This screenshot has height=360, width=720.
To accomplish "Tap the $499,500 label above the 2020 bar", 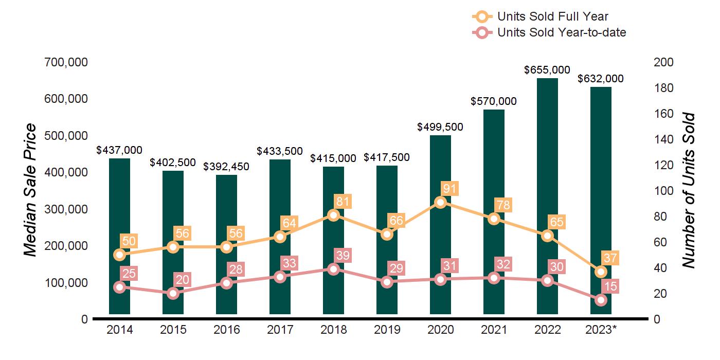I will point(440,127).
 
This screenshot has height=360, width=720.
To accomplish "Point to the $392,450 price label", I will point(226,167).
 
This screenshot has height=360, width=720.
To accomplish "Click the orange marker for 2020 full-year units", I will point(440,202).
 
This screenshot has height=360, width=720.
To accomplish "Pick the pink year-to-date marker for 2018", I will point(333,269).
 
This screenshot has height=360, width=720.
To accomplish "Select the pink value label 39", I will point(342,255).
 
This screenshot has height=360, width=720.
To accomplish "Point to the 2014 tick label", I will point(119,330).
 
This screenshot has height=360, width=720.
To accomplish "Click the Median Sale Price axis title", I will point(31,190).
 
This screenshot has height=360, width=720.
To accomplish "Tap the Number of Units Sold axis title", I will point(689,190).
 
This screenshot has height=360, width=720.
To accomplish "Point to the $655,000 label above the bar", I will point(547,70).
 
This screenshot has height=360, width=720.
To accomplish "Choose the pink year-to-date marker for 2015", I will point(173,294).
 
